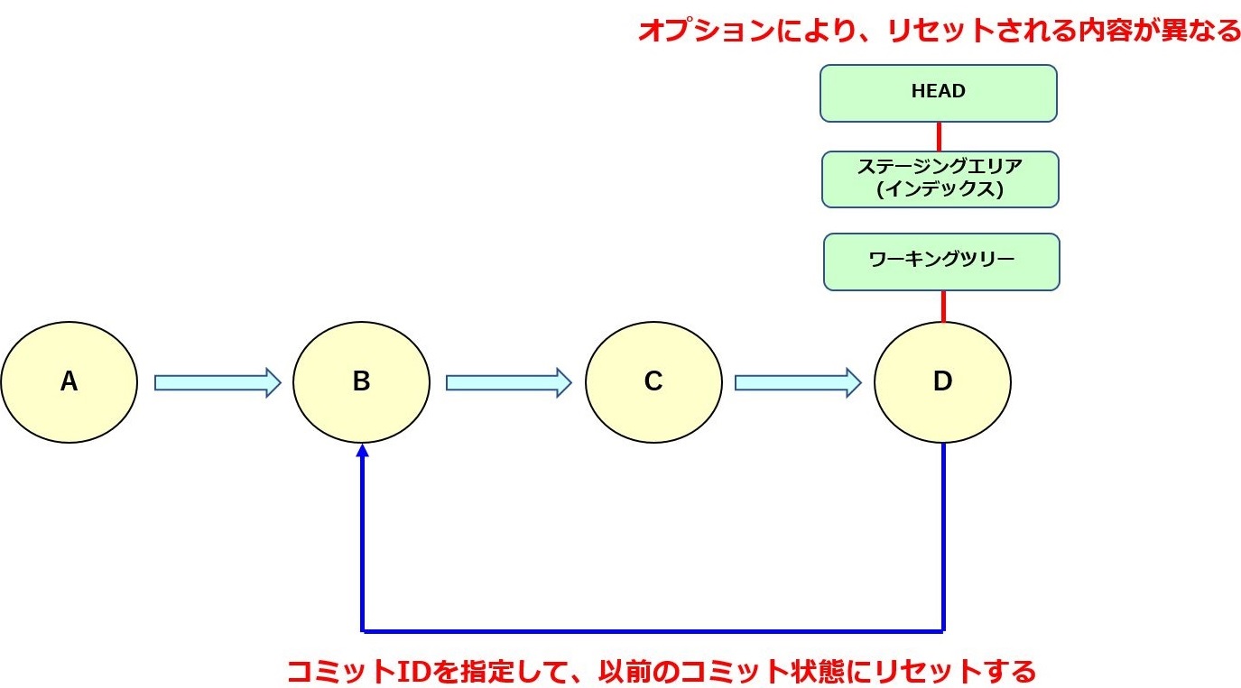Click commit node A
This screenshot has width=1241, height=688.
pyautogui.click(x=69, y=382)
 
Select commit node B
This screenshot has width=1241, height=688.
pyautogui.click(x=361, y=382)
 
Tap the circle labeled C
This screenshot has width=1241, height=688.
pyautogui.click(x=653, y=382)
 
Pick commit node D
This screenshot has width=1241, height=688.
pyautogui.click(x=942, y=382)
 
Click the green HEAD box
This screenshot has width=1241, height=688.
pyautogui.click(x=939, y=92)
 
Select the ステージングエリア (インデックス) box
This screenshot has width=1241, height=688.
pyautogui.click(x=940, y=179)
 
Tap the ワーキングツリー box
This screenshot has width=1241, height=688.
pyautogui.click(x=941, y=261)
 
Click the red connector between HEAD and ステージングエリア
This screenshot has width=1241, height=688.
pyautogui.click(x=939, y=136)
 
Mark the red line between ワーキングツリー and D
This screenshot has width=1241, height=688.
pyautogui.click(x=943, y=307)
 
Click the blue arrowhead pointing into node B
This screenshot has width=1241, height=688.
pyautogui.click(x=362, y=450)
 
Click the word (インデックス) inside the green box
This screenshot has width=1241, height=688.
pyautogui.click(x=940, y=190)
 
